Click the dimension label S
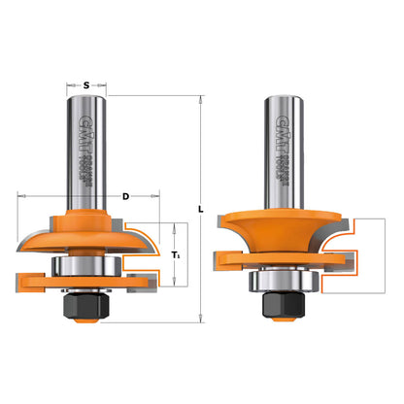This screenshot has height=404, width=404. [x=86, y=85]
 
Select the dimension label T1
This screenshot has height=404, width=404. [x=176, y=255]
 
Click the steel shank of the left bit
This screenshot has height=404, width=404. [x=86, y=146]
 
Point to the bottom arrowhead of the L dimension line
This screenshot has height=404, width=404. [x=199, y=317]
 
